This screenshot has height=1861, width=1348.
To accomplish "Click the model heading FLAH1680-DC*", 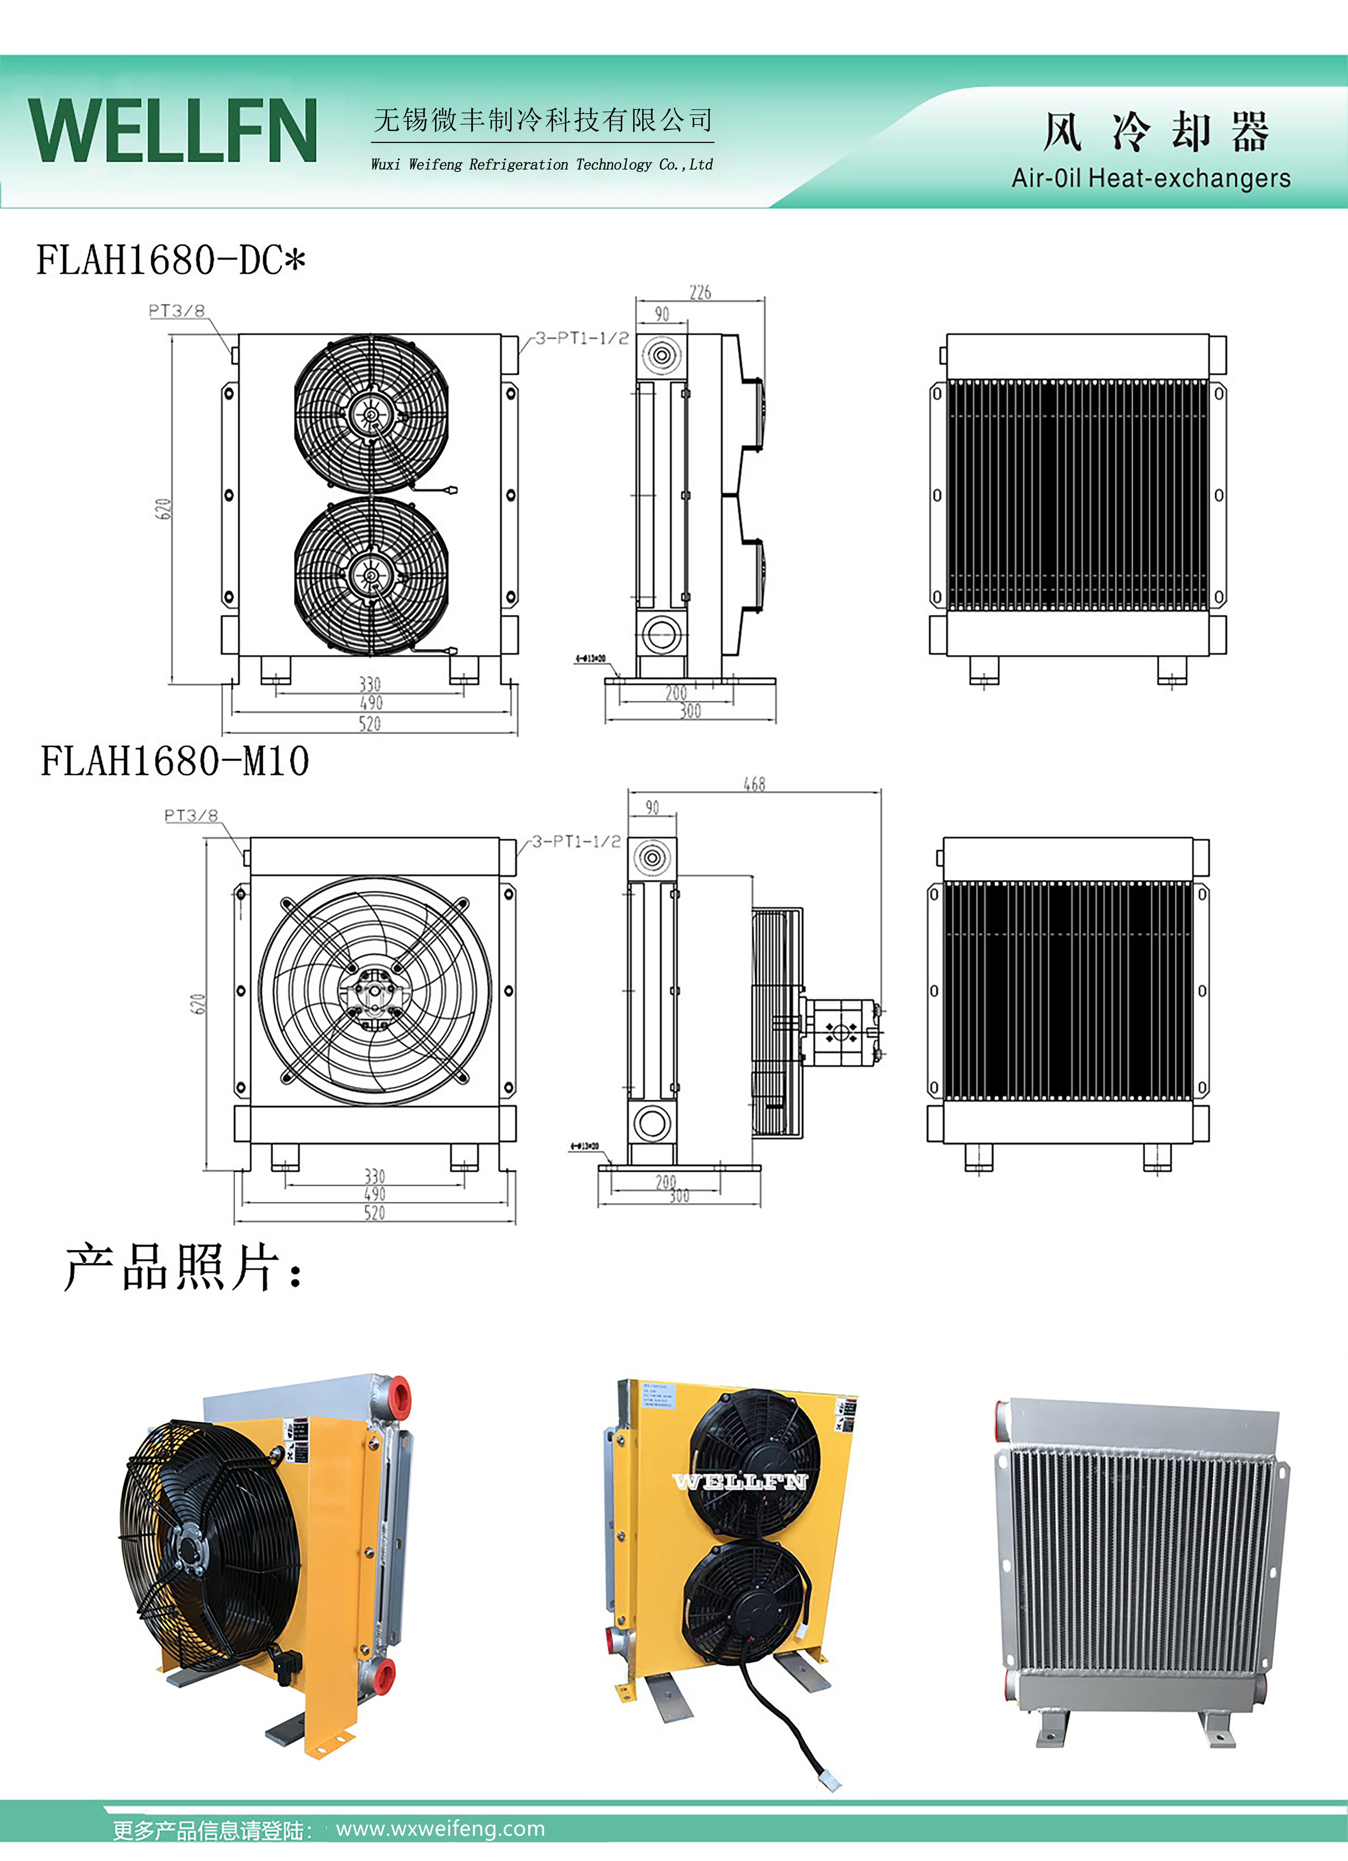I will tap(171, 261).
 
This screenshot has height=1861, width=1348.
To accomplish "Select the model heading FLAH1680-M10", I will tap(175, 761).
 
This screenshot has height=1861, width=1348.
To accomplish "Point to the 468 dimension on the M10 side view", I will tap(754, 785).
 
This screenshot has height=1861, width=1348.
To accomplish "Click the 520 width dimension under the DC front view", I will tap(370, 724).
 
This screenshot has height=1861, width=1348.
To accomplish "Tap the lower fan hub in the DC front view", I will tap(371, 576).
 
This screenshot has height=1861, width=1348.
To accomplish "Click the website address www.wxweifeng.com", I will tap(441, 1829).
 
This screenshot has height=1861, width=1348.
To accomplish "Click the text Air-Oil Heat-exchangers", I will tap(1150, 178).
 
